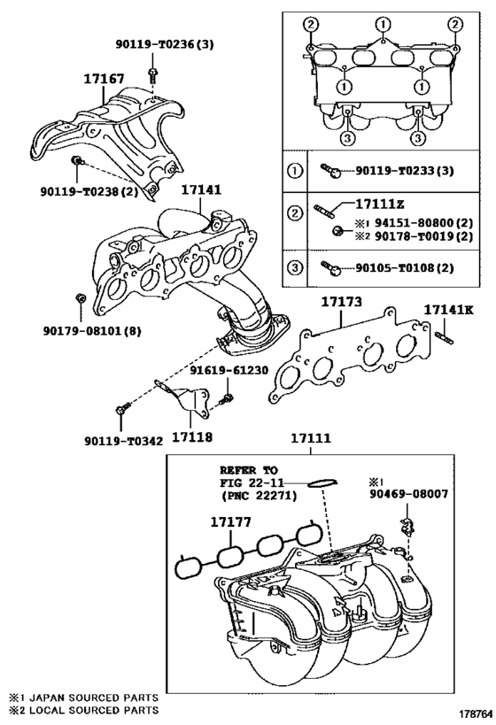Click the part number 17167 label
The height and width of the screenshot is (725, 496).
[x=104, y=80]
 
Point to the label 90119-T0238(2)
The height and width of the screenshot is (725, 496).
[x=89, y=189]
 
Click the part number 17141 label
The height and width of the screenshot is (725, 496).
[x=201, y=189]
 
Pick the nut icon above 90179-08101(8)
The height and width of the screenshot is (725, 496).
[x=81, y=297]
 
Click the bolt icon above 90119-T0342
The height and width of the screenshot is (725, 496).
[x=122, y=409]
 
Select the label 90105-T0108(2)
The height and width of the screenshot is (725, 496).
[x=404, y=266]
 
